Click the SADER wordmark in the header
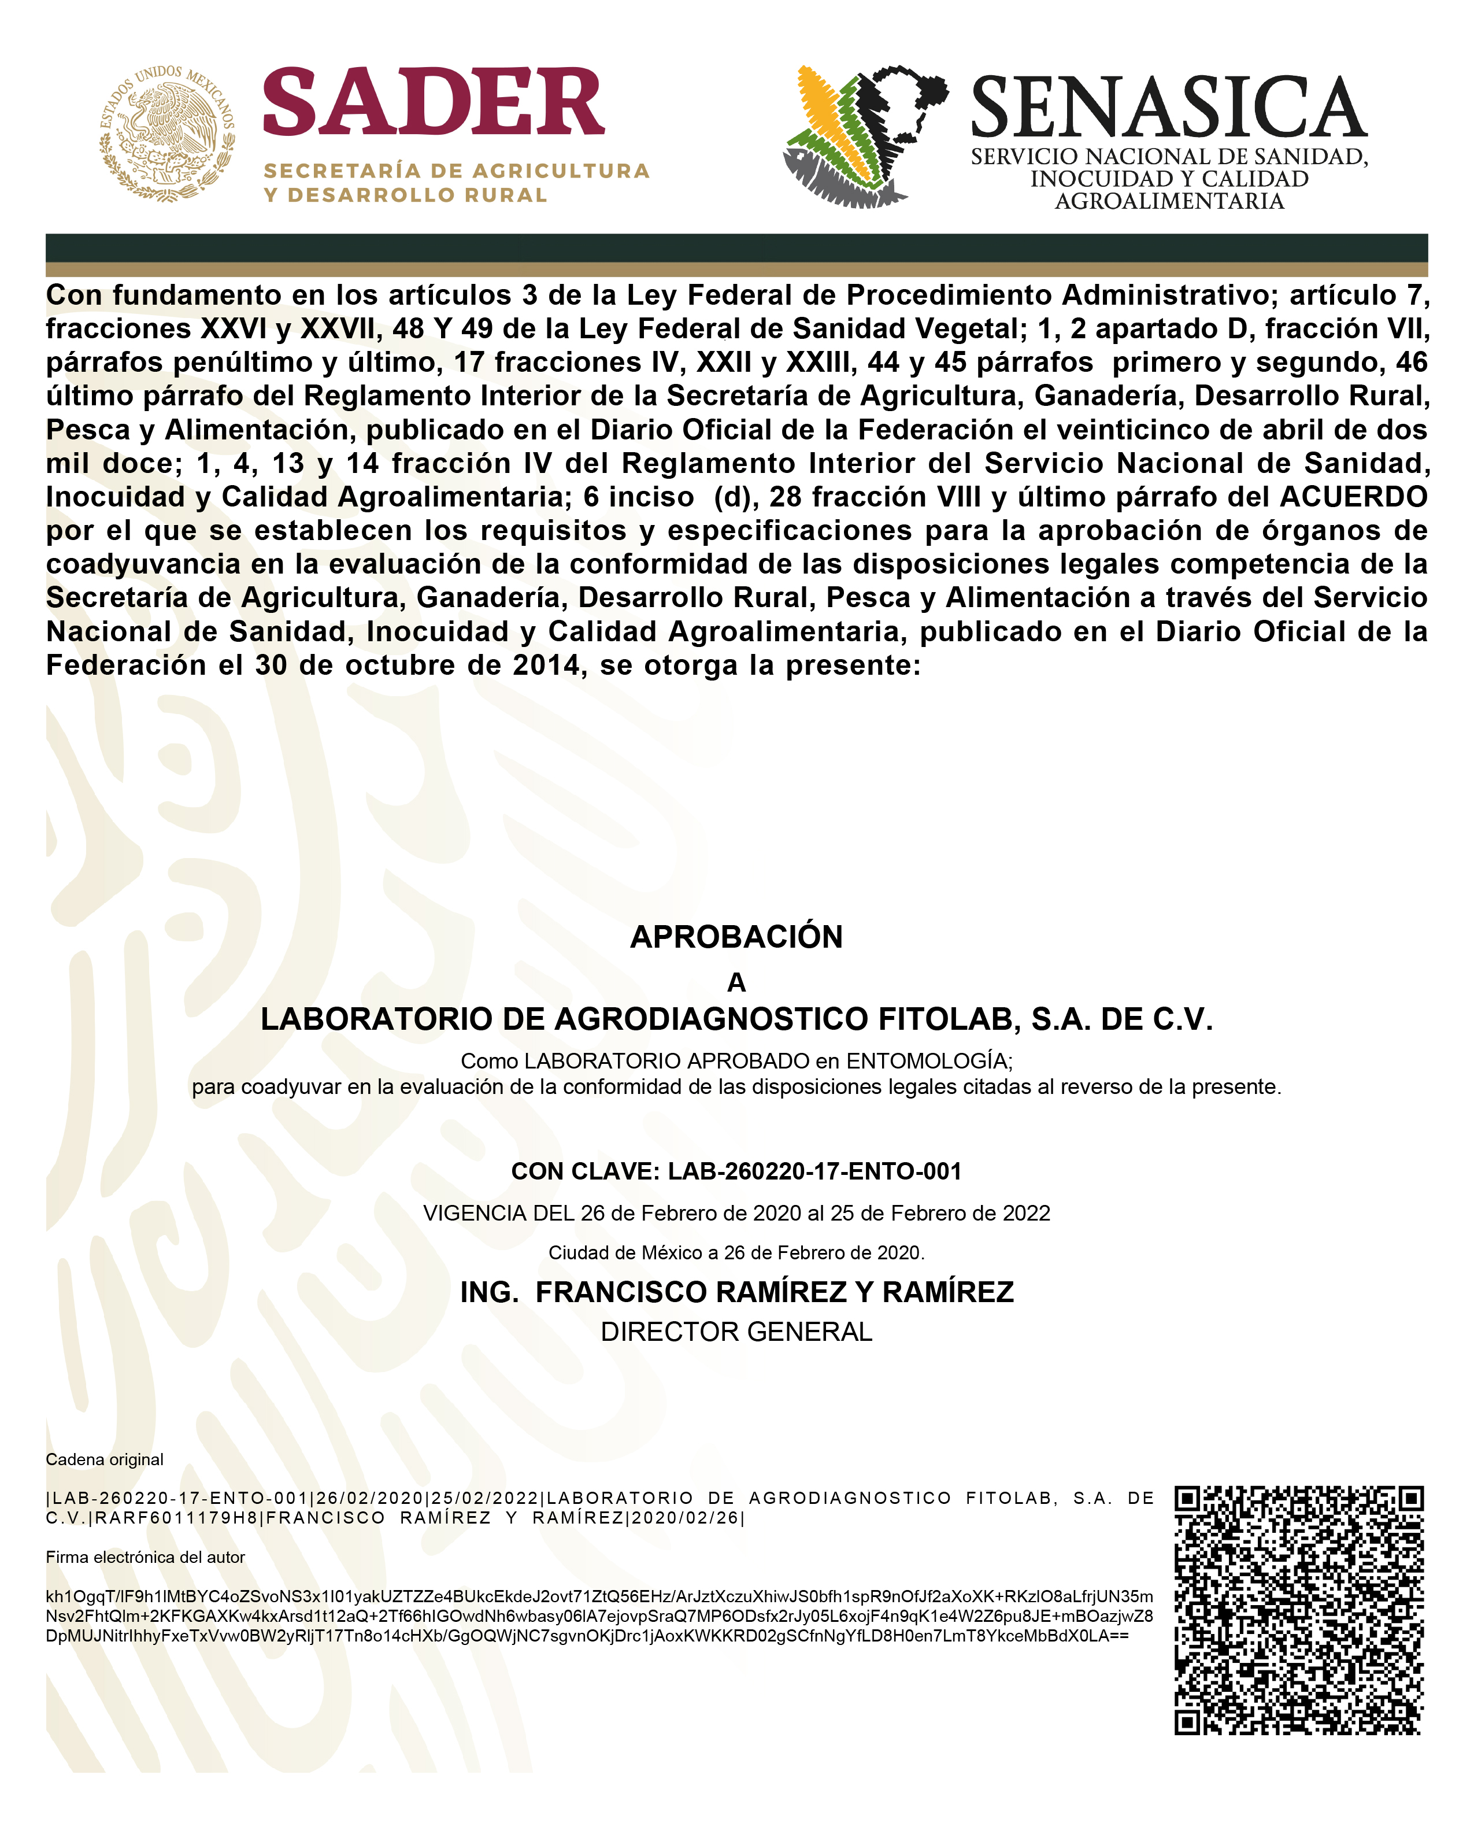(433, 103)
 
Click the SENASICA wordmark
(1168, 108)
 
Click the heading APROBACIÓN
(736, 937)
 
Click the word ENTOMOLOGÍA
(927, 1060)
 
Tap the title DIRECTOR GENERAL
(736, 1332)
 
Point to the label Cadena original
(105, 1459)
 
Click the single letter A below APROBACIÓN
(736, 982)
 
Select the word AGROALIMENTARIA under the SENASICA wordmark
(1169, 201)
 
